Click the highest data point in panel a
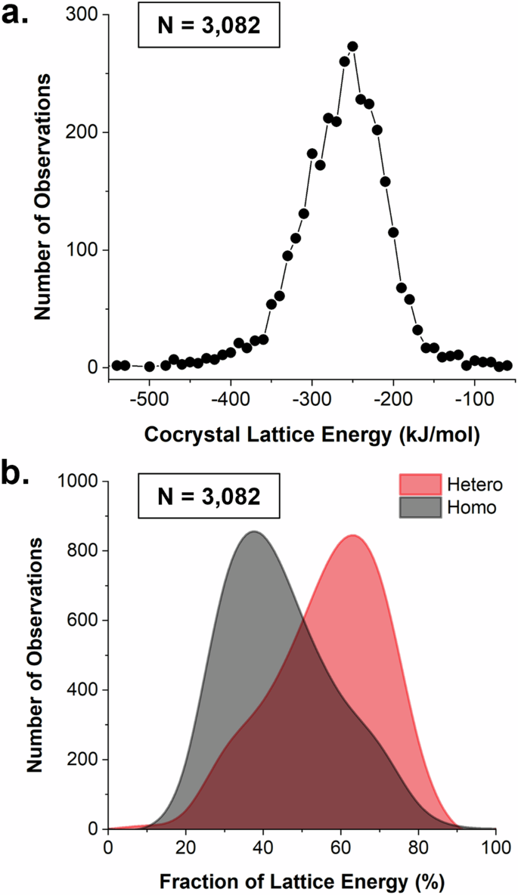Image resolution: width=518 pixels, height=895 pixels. coord(352,47)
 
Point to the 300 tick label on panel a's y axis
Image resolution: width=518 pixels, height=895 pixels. coord(85,15)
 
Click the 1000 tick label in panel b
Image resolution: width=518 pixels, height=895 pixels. coord(80,481)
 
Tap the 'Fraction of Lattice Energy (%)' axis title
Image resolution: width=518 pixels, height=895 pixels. coord(302,881)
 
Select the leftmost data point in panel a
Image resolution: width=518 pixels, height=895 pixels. coord(116,365)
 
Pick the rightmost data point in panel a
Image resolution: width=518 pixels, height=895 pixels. coord(507,365)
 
